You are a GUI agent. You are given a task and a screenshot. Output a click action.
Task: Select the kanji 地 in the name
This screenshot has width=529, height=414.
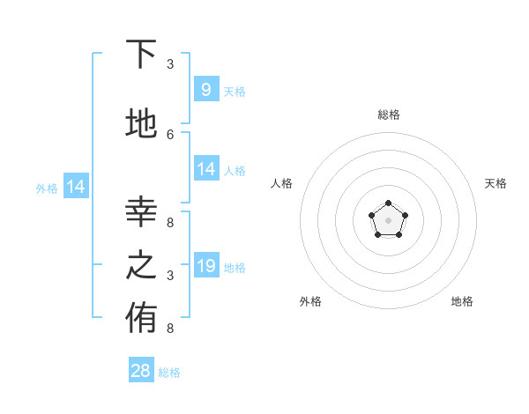[x=141, y=123]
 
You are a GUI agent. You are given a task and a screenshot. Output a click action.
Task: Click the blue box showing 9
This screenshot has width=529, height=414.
[x=205, y=89]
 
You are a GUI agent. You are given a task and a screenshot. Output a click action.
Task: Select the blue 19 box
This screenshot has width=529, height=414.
[x=205, y=265]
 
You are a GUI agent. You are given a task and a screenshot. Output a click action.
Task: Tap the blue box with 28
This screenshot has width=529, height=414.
[x=141, y=371]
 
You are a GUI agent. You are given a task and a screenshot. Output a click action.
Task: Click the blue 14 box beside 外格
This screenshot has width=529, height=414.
[x=76, y=187]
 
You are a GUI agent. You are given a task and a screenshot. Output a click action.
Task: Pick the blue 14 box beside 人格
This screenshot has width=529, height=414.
[x=205, y=169]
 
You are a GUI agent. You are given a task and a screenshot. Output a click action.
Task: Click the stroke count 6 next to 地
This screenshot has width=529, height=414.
[x=170, y=134]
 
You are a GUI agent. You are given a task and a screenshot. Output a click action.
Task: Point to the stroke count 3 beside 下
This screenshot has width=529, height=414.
[x=170, y=64]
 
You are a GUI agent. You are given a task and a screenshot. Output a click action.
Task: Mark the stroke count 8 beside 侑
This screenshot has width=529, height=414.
[x=170, y=329]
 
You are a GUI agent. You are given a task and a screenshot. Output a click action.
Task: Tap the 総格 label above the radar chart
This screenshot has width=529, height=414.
[x=388, y=115]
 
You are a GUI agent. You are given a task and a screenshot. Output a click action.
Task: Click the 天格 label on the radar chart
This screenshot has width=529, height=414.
[x=495, y=183]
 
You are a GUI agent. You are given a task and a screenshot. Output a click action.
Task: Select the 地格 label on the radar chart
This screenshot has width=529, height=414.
[x=462, y=301]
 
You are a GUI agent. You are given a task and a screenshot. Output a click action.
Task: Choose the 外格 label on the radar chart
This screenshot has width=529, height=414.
[x=310, y=301]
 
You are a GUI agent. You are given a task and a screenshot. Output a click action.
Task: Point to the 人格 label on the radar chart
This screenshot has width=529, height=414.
[x=281, y=183]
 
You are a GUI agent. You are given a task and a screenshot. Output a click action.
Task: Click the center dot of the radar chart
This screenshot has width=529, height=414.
[x=388, y=220]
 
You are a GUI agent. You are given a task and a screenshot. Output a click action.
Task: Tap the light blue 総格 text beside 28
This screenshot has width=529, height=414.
[x=169, y=373]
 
